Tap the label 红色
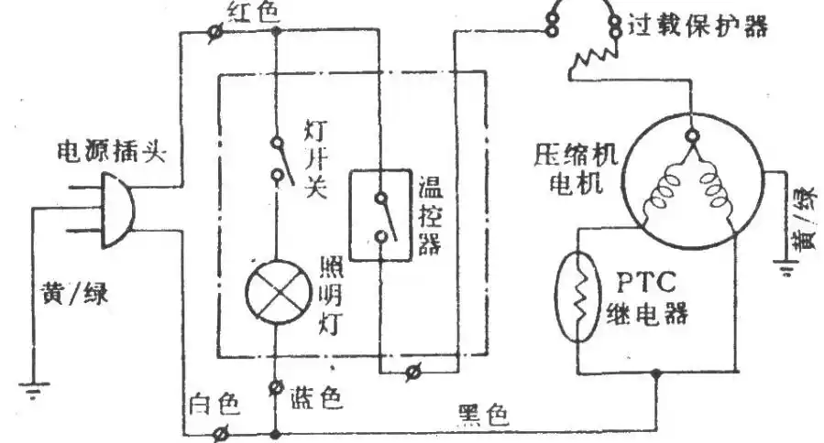(x=247, y=11)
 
